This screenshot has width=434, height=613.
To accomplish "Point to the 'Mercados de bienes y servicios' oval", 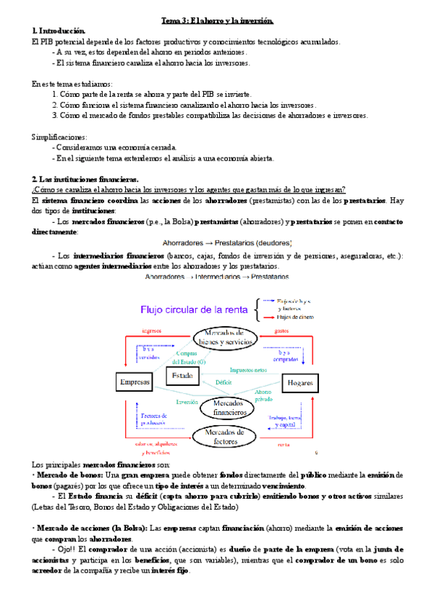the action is [x=224, y=336].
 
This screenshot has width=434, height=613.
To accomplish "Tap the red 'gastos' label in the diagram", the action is [x=282, y=330].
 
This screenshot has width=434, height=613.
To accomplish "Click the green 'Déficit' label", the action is [x=224, y=382].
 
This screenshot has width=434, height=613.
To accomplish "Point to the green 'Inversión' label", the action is [x=187, y=402].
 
